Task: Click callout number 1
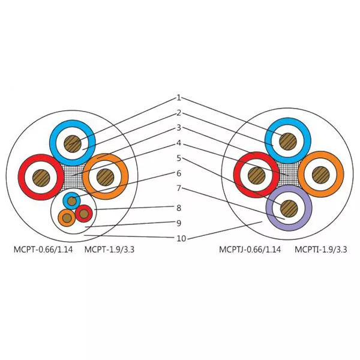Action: pos(179,98)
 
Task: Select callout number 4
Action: pos(179,143)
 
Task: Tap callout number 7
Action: pos(179,188)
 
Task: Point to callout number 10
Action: pos(181,239)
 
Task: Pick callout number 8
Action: pos(179,208)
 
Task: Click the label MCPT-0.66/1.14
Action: pos(43,249)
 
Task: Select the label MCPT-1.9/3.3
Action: pos(109,249)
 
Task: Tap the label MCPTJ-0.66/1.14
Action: pos(250,249)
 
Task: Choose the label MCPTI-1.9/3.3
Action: pos(321,249)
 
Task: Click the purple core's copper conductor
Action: pos(289,208)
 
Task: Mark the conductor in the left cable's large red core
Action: pos(41,178)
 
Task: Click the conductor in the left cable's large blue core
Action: pos(73,144)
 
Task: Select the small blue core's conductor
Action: pos(72,201)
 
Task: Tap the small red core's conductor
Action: pos(84,214)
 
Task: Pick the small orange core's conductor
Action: pos(67,218)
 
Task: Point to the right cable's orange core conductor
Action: pos(321,175)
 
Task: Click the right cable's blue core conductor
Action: pos(288,142)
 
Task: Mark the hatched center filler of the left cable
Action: pos(73,176)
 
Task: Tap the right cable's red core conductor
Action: pos(257,176)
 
